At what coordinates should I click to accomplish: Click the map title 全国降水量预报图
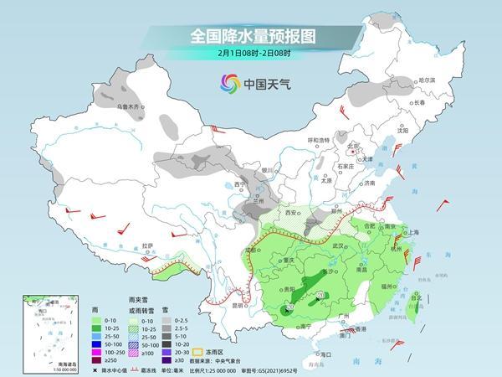[250, 36]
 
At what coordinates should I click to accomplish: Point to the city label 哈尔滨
[427, 80]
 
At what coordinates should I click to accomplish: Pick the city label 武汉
[339, 245]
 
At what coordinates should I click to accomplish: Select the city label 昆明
[239, 305]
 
